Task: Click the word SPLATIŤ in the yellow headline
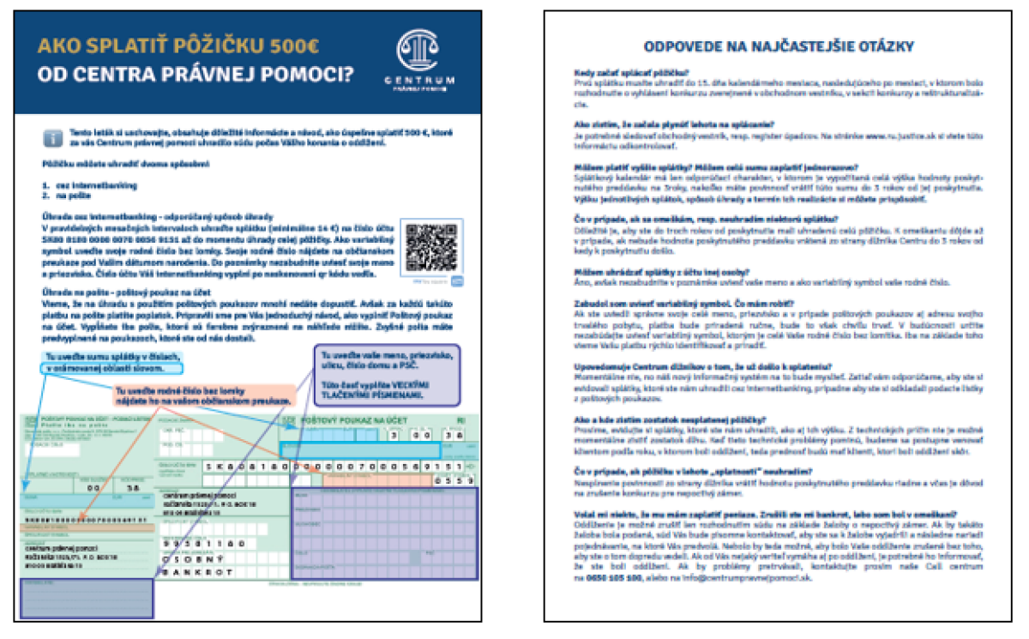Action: point(124,45)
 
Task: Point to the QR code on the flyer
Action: point(431,248)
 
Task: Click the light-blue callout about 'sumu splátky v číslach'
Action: point(116,362)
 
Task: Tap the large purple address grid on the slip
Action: point(382,536)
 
